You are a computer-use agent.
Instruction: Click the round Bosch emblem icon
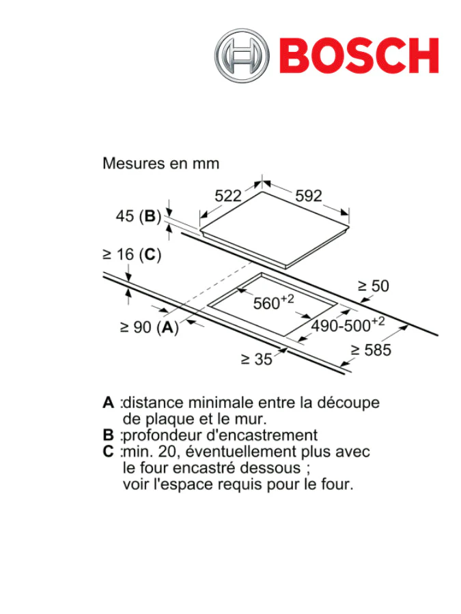242,56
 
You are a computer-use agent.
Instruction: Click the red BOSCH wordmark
359,56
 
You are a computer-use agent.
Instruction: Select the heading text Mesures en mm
160,164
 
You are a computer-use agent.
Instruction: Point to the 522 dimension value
228,196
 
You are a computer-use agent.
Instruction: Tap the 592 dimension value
308,196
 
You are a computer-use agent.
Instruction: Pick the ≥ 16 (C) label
131,254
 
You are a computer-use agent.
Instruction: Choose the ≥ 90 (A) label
149,327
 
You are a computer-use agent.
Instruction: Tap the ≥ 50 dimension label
374,287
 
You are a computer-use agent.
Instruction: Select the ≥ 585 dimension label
371,351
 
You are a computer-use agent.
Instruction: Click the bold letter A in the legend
108,403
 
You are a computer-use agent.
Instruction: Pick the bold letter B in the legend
108,435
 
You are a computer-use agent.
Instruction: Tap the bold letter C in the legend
108,452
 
